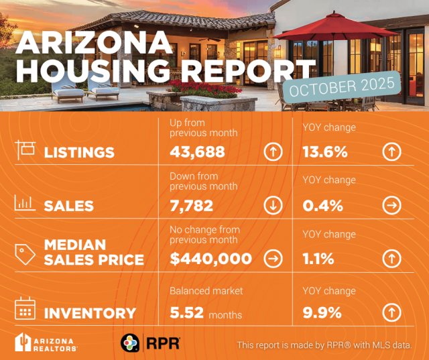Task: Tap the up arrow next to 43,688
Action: [x=272, y=152]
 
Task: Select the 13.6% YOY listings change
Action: [x=325, y=152]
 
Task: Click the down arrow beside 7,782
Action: [x=272, y=206]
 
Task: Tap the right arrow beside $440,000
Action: [x=272, y=259]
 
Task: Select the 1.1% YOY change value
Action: [x=318, y=259]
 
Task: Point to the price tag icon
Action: [x=25, y=253]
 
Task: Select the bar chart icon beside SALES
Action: [x=25, y=202]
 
